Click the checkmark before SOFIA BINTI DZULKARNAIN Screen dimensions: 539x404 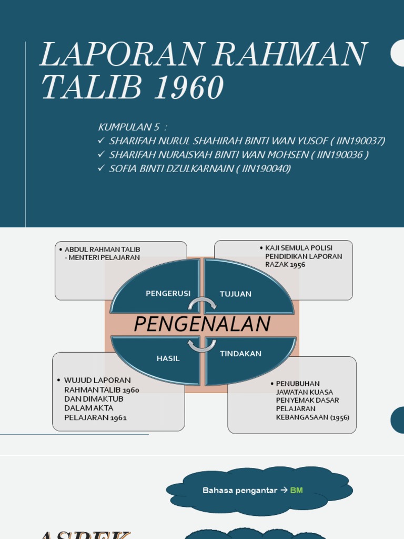coord(102,168)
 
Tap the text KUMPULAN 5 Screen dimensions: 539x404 coord(128,127)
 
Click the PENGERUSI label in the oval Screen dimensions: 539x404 coord(168,293)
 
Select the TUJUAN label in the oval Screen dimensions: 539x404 coord(235,294)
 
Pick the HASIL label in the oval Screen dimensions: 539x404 coord(168,358)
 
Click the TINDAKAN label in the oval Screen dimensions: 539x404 coord(240,354)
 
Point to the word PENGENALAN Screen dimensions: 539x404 coord(202,324)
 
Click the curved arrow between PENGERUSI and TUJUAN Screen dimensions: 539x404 coord(203,304)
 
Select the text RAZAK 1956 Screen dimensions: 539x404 coord(285,265)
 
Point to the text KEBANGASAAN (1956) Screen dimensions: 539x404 coord(312,417)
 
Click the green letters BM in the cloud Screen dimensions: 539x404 coord(296,491)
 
